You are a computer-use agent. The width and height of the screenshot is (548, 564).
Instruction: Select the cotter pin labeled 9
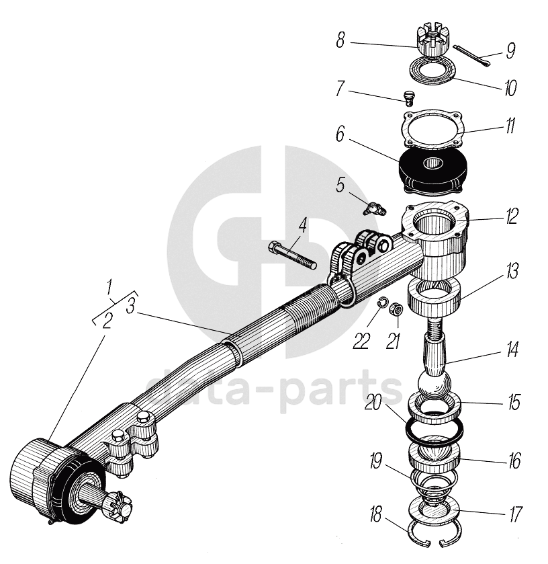click(x=472, y=55)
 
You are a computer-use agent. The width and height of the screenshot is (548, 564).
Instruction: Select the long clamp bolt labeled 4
click(x=293, y=255)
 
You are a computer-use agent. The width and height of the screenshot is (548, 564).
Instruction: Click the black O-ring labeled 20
click(x=434, y=431)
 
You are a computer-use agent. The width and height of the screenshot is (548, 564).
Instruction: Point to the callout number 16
click(x=514, y=463)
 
